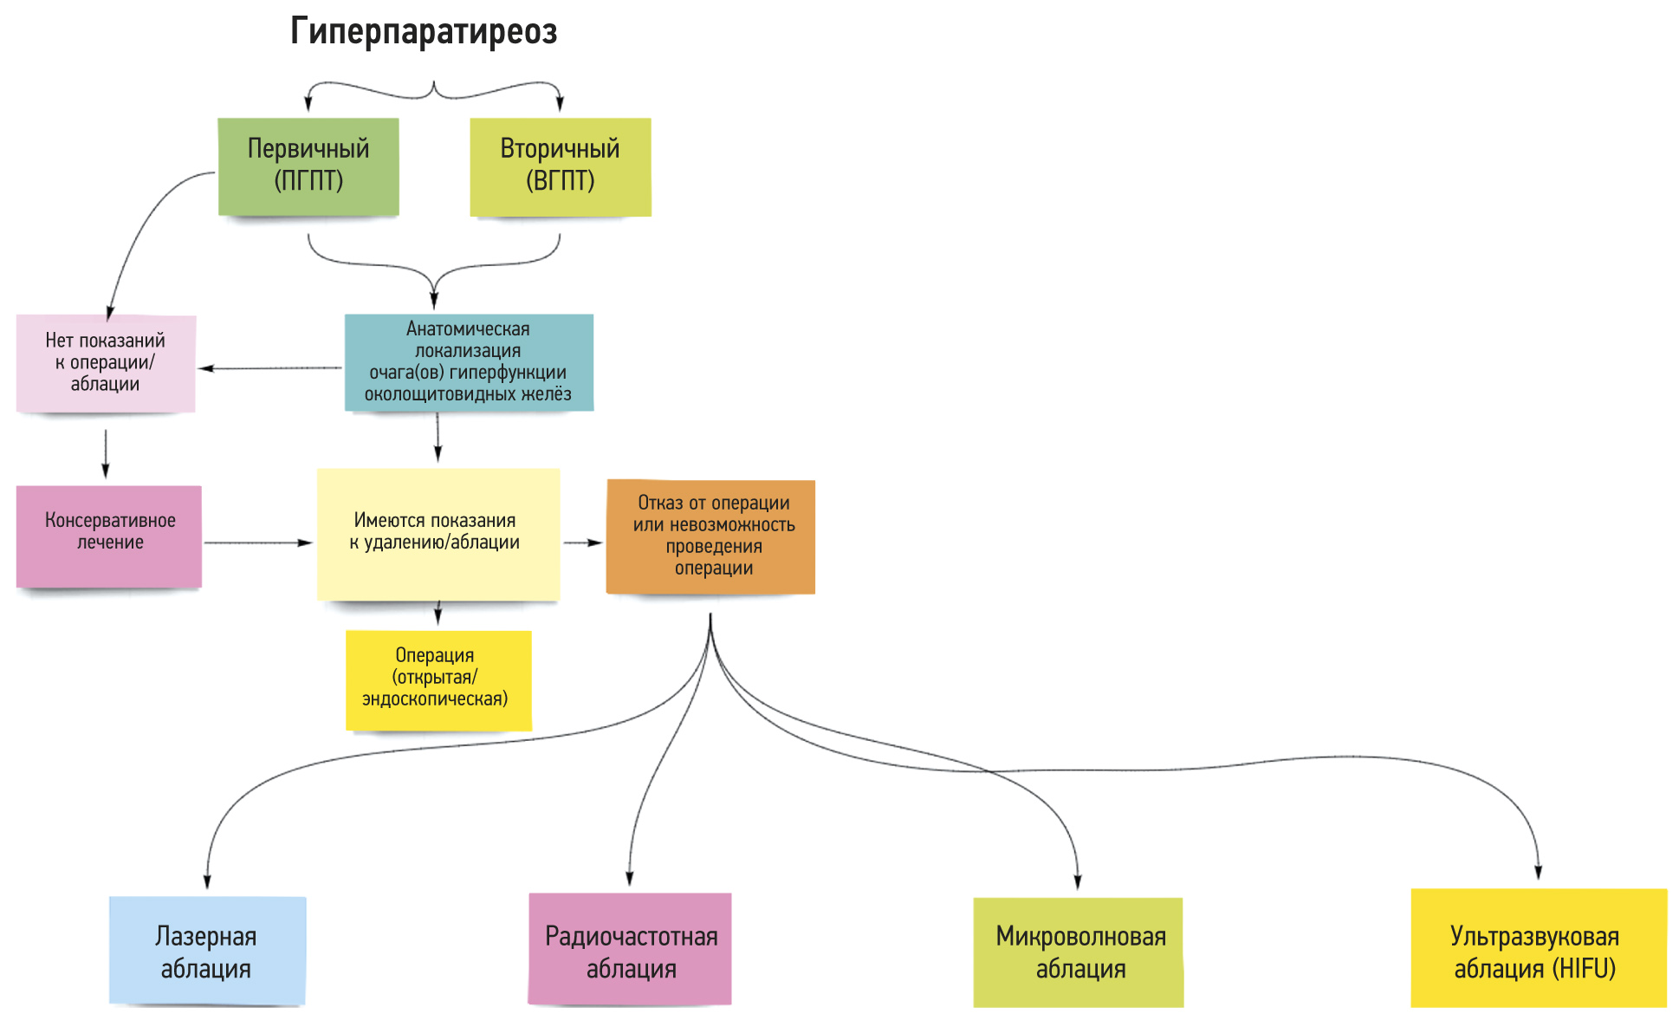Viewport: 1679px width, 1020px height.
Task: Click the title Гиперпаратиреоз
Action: click(424, 32)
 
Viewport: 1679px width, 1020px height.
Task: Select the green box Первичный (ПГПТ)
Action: click(308, 166)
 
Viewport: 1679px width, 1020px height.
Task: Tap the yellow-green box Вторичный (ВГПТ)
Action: click(561, 166)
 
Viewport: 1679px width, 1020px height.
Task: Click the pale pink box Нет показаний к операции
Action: click(106, 362)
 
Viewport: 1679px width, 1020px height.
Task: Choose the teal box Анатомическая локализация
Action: click(469, 362)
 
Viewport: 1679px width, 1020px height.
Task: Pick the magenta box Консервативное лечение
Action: click(109, 536)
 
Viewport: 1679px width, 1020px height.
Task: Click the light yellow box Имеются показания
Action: click(438, 533)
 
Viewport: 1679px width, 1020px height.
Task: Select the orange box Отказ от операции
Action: click(711, 536)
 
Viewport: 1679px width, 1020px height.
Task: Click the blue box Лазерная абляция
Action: click(207, 951)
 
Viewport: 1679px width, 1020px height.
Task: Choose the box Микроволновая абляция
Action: click(1078, 952)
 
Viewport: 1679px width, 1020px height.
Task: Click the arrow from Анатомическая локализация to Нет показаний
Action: click(270, 368)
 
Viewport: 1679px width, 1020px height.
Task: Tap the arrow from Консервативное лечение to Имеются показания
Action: click(258, 543)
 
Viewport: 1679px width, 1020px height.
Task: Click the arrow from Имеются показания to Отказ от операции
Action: click(583, 543)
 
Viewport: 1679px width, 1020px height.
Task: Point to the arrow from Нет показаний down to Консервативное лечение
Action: click(106, 453)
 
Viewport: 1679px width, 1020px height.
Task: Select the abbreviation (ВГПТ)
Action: click(561, 181)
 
